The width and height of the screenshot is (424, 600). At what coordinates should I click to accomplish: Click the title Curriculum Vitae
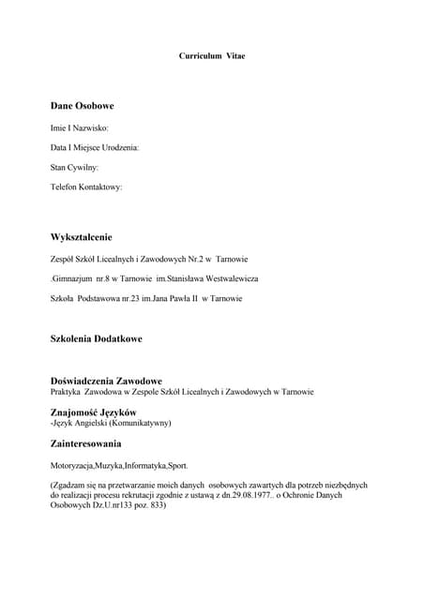point(212,56)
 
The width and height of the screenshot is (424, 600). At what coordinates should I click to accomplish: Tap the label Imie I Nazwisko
point(80,127)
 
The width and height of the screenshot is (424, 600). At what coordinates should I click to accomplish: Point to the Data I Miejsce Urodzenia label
point(95,147)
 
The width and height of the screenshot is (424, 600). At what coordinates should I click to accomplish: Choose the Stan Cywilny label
point(75,167)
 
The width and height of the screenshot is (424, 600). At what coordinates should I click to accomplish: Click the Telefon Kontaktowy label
point(86,187)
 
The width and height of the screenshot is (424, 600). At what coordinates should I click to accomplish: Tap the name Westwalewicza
point(228,278)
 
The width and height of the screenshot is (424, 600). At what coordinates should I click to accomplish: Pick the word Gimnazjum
point(73,278)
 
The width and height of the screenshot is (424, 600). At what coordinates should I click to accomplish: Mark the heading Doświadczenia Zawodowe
point(106,381)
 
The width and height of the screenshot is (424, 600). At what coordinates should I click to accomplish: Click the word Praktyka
point(67,391)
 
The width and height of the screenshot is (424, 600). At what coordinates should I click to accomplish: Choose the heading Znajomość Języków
point(93,412)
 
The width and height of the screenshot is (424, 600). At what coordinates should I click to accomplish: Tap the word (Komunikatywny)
point(140,423)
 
